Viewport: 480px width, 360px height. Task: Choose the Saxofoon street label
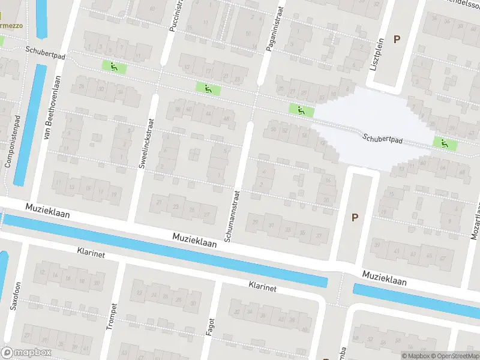pos(17,295)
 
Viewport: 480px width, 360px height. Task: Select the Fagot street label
pos(210,325)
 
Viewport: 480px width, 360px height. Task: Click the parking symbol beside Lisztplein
pos(397,39)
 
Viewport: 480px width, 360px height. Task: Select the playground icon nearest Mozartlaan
pos(445,143)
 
